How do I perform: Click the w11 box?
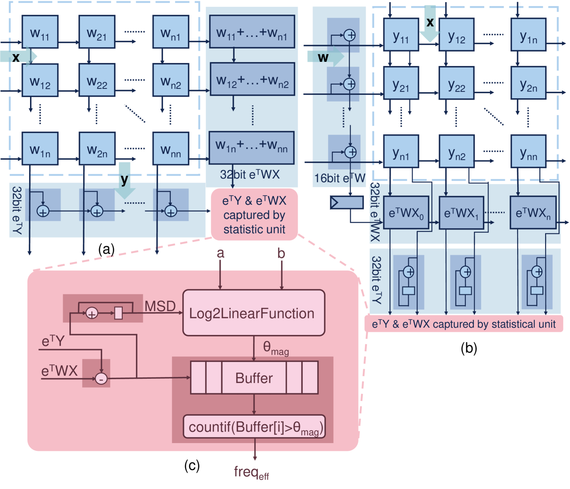point(40,32)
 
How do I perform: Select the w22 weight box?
point(97,81)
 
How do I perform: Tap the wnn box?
point(171,148)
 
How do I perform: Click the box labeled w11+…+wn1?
point(252,32)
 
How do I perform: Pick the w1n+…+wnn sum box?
point(251,148)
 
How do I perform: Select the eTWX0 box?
point(406,213)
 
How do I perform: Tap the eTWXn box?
point(533,213)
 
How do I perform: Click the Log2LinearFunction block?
point(253,313)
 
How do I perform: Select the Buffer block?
point(254,377)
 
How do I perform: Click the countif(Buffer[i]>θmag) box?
point(254,427)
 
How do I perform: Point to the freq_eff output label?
point(251,472)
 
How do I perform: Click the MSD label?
point(160,306)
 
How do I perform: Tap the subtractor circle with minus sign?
point(101,378)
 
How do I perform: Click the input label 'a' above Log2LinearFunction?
point(220,253)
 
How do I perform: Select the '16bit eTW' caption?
point(340,178)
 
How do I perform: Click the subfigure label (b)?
point(469,348)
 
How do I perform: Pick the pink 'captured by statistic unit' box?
point(254,214)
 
